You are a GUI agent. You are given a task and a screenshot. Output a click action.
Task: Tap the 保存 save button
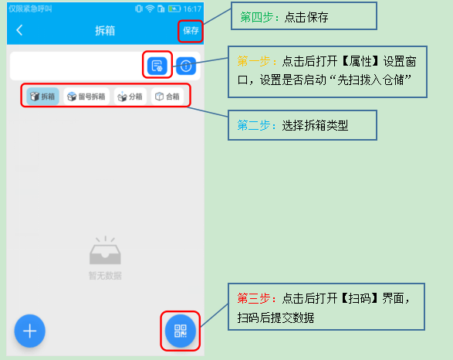point(191,31)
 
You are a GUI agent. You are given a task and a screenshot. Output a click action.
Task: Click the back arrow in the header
point(19,30)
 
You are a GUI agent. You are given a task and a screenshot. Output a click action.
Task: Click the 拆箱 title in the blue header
point(105,31)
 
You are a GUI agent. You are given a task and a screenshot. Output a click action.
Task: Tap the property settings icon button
point(157,66)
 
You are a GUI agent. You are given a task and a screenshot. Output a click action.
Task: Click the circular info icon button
point(186,66)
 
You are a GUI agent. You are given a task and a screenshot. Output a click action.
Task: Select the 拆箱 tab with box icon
point(42,97)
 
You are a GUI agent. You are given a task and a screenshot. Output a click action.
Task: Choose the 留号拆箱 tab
point(86,97)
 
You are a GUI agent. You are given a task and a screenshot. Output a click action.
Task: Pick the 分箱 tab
point(130,97)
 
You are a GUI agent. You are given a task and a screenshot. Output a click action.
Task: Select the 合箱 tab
point(167,97)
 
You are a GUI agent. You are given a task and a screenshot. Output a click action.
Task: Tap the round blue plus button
point(30,331)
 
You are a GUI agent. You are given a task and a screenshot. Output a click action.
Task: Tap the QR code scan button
point(181,331)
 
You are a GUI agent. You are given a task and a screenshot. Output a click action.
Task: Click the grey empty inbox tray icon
point(105,250)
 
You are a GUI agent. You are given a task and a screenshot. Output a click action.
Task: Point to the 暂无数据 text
point(105,276)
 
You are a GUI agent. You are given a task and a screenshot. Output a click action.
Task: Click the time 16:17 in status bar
point(192,9)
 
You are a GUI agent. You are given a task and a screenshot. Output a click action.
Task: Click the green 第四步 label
point(257,17)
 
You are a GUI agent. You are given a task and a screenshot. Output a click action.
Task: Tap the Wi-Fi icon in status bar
point(150,8)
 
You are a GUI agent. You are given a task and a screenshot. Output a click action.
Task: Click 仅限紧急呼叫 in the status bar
point(30,9)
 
